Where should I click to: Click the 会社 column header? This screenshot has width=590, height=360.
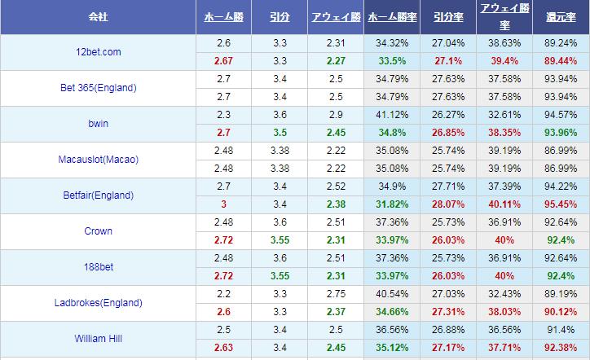(x=98, y=16)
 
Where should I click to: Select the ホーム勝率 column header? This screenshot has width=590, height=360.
(x=391, y=16)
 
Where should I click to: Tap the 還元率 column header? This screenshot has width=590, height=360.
(x=561, y=16)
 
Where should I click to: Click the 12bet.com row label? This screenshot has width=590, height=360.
(x=98, y=51)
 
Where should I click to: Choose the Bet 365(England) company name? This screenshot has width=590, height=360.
(x=98, y=87)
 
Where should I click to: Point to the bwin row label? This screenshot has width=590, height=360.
(x=98, y=123)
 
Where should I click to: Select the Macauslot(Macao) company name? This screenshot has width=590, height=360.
(x=98, y=159)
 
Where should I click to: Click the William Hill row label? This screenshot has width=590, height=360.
(x=98, y=338)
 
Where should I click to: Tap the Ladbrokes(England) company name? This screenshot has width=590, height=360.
(x=98, y=302)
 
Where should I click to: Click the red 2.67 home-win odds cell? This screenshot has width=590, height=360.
(x=223, y=60)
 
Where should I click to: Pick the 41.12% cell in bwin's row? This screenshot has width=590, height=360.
(x=391, y=114)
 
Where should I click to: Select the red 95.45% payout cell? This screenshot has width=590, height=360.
(x=561, y=204)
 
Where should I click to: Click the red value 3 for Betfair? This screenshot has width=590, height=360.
(x=223, y=204)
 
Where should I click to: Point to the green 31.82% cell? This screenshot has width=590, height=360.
(x=391, y=204)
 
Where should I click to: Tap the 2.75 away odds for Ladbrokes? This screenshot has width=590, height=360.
(x=335, y=293)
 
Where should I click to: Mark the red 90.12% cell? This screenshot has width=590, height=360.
(x=561, y=311)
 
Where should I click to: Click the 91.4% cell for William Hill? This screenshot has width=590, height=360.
(x=561, y=329)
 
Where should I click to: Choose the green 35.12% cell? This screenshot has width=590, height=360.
(x=391, y=347)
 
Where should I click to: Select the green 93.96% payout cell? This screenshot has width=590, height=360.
(x=561, y=132)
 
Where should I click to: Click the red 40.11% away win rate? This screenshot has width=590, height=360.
(x=504, y=204)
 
